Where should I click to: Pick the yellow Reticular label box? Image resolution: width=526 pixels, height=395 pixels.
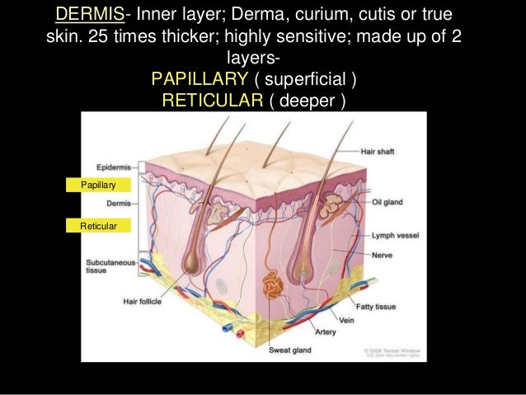pyautogui.click(x=97, y=225)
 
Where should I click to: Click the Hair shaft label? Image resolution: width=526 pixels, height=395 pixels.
pyautogui.click(x=383, y=153)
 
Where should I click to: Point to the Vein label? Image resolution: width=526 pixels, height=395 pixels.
pyautogui.click(x=345, y=319)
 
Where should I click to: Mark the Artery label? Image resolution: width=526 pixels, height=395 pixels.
pyautogui.click(x=325, y=332)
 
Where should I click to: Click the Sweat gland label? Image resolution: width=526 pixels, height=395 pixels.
pyautogui.click(x=289, y=350)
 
